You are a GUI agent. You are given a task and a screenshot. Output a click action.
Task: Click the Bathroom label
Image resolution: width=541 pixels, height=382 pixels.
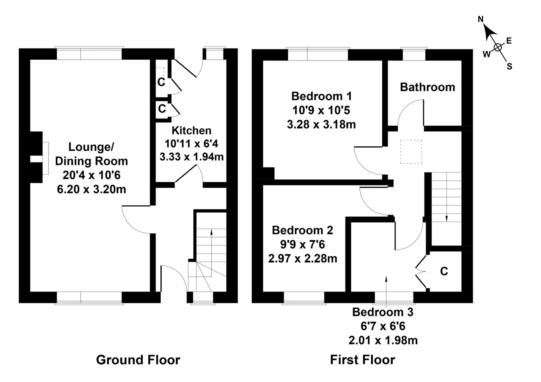tap(427, 87)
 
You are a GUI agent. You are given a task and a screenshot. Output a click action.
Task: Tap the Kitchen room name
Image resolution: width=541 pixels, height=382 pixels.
tap(191, 131)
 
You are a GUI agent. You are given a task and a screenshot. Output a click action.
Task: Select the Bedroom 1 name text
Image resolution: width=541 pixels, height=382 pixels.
tap(321, 96)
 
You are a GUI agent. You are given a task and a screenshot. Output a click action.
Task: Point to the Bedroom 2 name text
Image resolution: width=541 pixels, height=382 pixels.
tap(302, 230)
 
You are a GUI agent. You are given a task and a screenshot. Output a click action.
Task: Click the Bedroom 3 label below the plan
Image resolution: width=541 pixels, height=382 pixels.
tap(383, 312)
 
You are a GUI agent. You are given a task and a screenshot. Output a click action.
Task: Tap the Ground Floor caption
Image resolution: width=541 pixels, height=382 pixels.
tap(138, 360)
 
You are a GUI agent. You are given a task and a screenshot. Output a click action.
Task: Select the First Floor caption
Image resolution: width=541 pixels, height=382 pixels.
tap(362, 360)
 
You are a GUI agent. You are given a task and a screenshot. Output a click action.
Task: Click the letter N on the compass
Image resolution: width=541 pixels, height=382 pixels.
tap(481, 19)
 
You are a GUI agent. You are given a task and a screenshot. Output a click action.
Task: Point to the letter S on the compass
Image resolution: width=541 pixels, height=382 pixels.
tap(509, 66)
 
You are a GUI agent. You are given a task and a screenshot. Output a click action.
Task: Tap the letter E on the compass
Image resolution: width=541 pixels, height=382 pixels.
tap(509, 40)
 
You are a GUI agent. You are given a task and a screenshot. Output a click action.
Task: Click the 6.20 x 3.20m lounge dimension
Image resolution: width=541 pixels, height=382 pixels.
tap(91, 189)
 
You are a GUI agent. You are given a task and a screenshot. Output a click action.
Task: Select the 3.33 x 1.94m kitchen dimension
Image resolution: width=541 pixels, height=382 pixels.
tap(191, 157)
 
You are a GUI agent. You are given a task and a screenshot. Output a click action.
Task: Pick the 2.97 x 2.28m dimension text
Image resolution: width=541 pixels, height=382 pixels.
tap(302, 259)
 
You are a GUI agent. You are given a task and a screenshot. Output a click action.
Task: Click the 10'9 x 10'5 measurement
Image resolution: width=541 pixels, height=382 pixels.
tap(321, 110)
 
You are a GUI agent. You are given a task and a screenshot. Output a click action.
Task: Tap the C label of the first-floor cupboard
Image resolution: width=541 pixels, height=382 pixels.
tap(444, 271)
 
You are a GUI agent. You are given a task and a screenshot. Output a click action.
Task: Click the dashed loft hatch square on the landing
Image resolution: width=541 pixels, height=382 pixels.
tap(411, 152)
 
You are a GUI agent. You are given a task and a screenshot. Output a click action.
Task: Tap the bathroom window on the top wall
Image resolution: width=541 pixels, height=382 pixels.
tap(414, 54)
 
